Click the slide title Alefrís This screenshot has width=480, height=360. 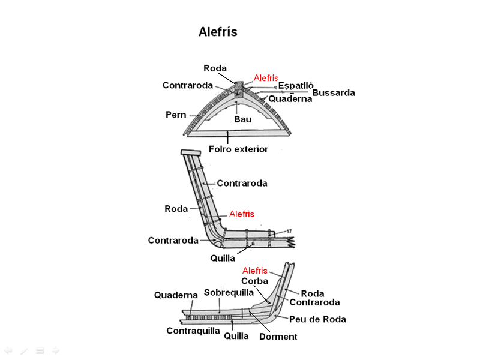click(218, 32)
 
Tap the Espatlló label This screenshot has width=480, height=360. click(296, 85)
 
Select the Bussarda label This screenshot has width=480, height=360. click(334, 93)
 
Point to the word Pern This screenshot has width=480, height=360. click(176, 114)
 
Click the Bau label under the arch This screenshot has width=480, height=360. click(242, 119)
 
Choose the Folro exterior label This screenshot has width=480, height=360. click(238, 149)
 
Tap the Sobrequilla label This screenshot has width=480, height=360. click(229, 292)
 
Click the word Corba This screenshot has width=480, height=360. click(254, 281)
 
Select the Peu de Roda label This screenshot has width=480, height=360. click(317, 319)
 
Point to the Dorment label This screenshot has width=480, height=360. click(278, 337)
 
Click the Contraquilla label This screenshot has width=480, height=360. click(193, 331)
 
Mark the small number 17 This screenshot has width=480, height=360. click(289, 232)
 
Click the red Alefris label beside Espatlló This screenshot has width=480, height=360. click(266, 78)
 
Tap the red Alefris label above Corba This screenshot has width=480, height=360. click(254, 271)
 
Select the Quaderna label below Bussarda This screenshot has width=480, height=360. click(290, 99)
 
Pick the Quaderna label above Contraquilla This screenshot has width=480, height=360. click(176, 295)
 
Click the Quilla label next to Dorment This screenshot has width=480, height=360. click(236, 336)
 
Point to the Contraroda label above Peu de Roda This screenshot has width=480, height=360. click(314, 303)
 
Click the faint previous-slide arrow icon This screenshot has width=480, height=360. click(8, 350)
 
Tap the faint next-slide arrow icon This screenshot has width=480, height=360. click(55, 350)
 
